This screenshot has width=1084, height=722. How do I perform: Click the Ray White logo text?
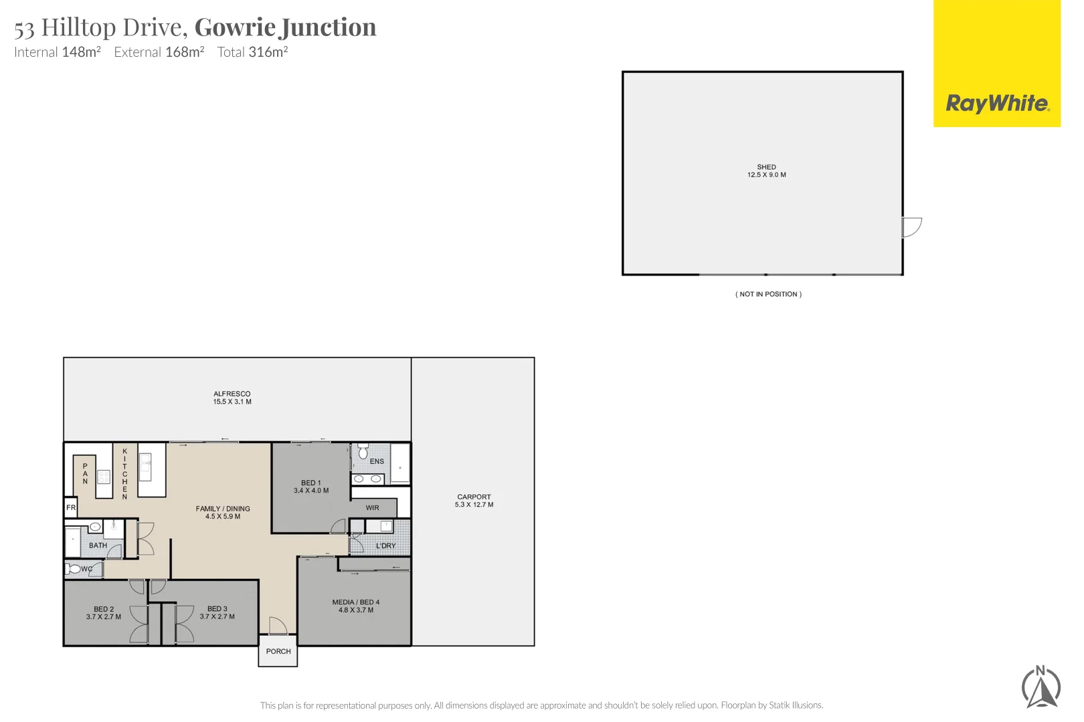997,104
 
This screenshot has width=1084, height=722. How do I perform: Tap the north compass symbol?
1041,687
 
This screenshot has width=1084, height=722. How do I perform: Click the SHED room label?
766,167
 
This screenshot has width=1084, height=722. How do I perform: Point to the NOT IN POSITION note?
768,294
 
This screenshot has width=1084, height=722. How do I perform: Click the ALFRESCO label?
232,394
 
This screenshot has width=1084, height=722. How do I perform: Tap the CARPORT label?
474,497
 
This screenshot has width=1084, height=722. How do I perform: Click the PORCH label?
278,651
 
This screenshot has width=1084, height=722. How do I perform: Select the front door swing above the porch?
278,626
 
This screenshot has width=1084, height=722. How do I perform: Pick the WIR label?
372,508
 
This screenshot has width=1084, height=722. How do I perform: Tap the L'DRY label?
385,546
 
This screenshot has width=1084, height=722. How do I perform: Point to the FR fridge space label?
71,507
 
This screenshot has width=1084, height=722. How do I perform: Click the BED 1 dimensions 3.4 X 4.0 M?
311,491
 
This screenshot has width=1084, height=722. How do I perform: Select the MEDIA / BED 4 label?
355,602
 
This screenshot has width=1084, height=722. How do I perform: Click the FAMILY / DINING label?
223,509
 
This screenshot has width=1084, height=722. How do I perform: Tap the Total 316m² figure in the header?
252,52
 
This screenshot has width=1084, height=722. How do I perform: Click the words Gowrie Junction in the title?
285,27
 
